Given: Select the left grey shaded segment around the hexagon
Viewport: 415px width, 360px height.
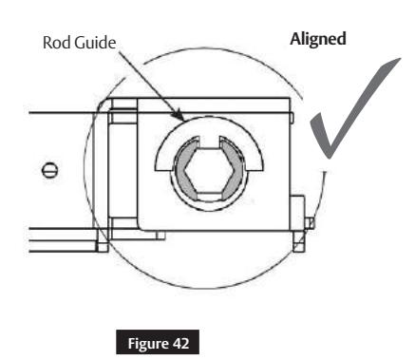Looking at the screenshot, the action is click(182, 169).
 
